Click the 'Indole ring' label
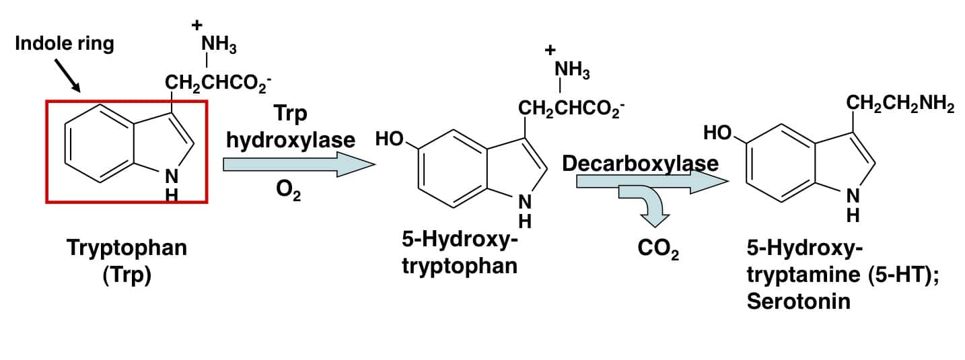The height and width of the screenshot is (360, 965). pyautogui.click(x=65, y=44)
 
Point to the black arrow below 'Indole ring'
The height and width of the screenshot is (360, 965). pyautogui.click(x=68, y=76)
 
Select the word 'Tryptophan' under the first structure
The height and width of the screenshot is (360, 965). pyautogui.click(x=127, y=249)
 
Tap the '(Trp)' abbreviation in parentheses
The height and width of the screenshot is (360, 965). pyautogui.click(x=127, y=275)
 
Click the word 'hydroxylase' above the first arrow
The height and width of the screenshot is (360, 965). pyautogui.click(x=291, y=141)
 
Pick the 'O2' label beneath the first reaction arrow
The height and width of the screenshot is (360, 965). pyautogui.click(x=288, y=190)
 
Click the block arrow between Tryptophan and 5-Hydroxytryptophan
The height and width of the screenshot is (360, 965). pyautogui.click(x=299, y=164)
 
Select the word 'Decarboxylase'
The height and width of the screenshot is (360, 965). pyautogui.click(x=640, y=164)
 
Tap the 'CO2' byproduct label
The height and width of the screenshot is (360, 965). pyautogui.click(x=658, y=249)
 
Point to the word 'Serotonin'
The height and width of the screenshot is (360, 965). pyautogui.click(x=799, y=301)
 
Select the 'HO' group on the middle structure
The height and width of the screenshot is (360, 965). pyautogui.click(x=390, y=139)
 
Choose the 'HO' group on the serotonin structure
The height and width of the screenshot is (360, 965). pyautogui.click(x=718, y=133)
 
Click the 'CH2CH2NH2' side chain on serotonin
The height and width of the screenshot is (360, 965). pyautogui.click(x=900, y=104)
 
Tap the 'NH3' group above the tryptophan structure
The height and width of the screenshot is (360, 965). pyautogui.click(x=219, y=44)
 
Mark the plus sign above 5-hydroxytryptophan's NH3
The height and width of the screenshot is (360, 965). pyautogui.click(x=550, y=50)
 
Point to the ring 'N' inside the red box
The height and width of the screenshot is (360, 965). pyautogui.click(x=172, y=176)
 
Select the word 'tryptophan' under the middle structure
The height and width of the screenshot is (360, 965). pyautogui.click(x=460, y=266)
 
